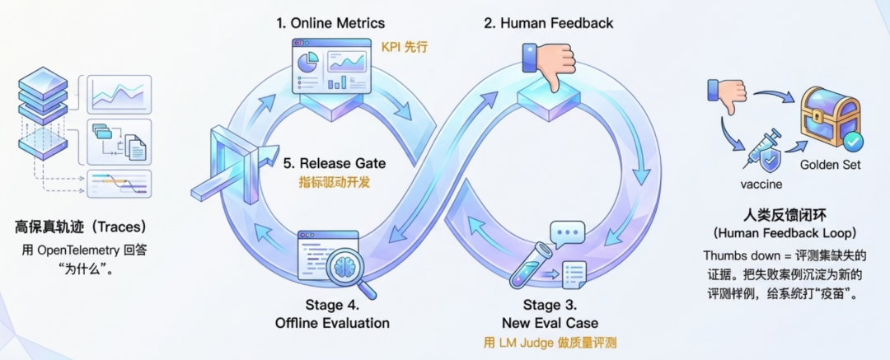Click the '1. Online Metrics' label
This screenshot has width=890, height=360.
point(330,22)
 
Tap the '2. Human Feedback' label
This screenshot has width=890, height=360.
point(549,22)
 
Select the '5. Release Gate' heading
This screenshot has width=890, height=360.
point(334,163)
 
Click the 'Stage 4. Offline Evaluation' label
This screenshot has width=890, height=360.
point(332,314)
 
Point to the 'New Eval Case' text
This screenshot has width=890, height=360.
point(550,322)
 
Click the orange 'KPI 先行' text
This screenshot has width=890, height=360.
point(405,46)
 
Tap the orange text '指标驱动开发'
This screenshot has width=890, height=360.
point(334,183)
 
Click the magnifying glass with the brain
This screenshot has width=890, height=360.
point(350,270)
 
